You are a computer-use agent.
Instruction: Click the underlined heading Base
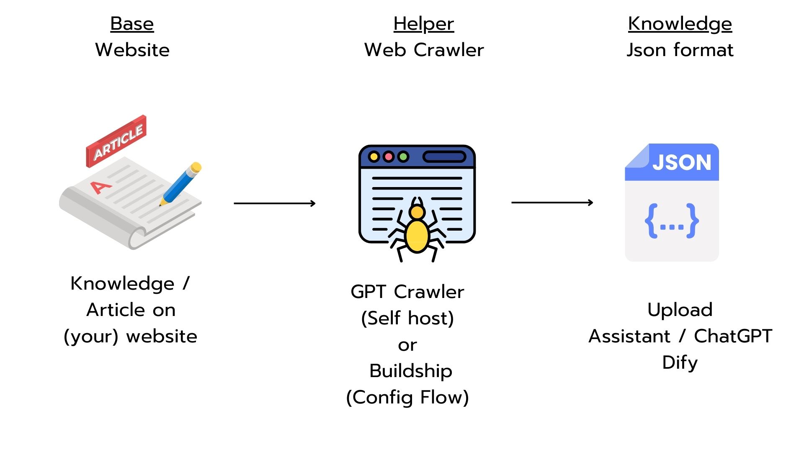tap(132, 24)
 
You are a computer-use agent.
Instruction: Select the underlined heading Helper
tap(423, 24)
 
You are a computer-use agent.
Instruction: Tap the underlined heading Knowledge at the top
tap(680, 24)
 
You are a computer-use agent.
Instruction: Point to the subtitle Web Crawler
tap(424, 50)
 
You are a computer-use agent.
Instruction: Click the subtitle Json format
tap(680, 50)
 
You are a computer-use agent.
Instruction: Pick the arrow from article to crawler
tap(274, 203)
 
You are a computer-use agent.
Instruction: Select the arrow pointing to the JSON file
tap(552, 203)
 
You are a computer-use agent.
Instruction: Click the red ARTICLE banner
tap(117, 141)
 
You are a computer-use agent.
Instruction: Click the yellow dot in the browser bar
tap(374, 157)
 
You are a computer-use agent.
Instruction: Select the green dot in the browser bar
tap(403, 157)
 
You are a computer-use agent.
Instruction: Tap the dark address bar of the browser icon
tap(444, 157)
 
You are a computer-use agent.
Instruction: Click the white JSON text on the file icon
tap(681, 162)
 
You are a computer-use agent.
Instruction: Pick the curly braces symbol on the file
tap(671, 221)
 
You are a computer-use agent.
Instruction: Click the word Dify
tap(680, 362)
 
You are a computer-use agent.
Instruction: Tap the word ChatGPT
tap(733, 336)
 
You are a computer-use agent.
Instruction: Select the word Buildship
tap(411, 371)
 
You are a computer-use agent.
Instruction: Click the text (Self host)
tap(407, 318)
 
